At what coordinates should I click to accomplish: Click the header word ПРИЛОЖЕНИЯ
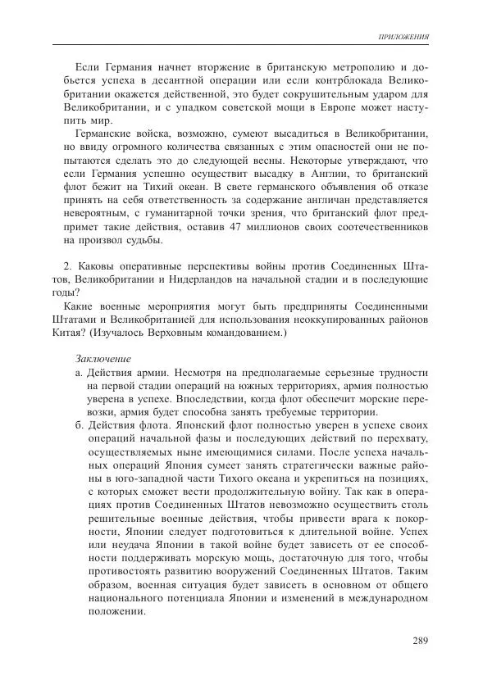pyautogui.click(x=402, y=38)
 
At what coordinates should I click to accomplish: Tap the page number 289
pyautogui.click(x=417, y=641)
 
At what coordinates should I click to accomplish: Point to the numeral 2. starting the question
pyautogui.click(x=68, y=268)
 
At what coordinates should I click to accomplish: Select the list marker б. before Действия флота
pyautogui.click(x=78, y=426)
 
